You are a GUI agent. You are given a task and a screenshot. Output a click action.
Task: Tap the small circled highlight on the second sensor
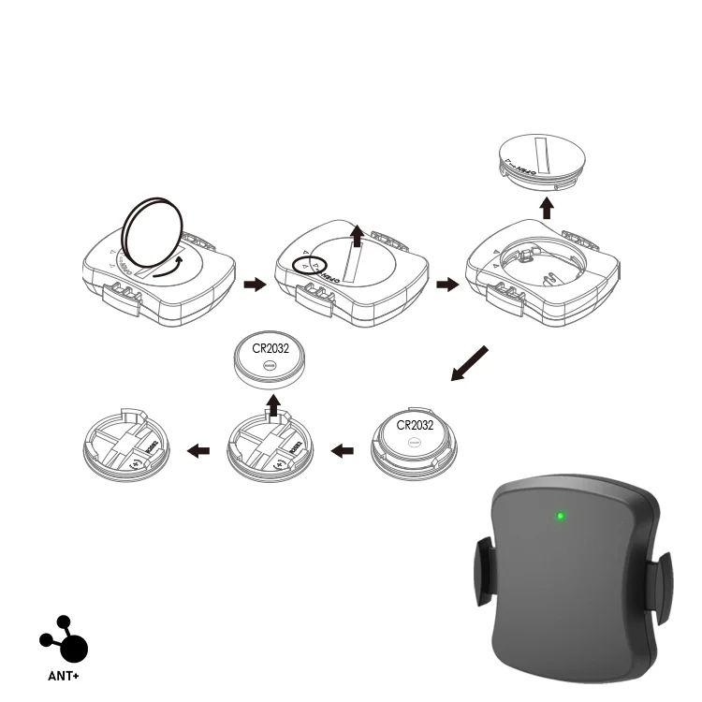pos(306,264)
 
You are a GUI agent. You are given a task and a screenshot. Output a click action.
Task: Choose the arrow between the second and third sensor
pos(447,284)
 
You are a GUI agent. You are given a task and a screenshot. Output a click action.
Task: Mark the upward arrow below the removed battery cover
pos(547,206)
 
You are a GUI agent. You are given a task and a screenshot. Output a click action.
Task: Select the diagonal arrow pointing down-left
pos(470,364)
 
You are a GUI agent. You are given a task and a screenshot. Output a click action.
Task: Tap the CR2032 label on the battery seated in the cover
pos(414,425)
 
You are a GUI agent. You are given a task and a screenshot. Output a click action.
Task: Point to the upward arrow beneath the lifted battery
pos(273,404)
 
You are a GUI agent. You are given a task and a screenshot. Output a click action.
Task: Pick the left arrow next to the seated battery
pos(344,451)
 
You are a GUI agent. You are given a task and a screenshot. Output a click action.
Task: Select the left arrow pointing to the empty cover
pos(198,451)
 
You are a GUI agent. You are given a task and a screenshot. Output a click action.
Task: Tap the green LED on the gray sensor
pos(560,516)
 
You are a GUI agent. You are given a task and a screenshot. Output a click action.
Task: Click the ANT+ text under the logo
pos(64,674)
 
